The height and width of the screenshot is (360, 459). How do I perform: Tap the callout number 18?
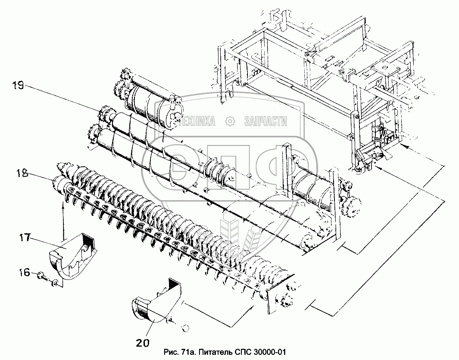tap(22, 174)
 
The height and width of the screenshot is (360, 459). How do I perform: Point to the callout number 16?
tap(25, 273)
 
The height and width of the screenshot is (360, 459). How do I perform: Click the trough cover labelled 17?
tap(72, 254)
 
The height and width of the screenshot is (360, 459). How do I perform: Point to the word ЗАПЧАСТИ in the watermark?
tap(265, 122)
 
